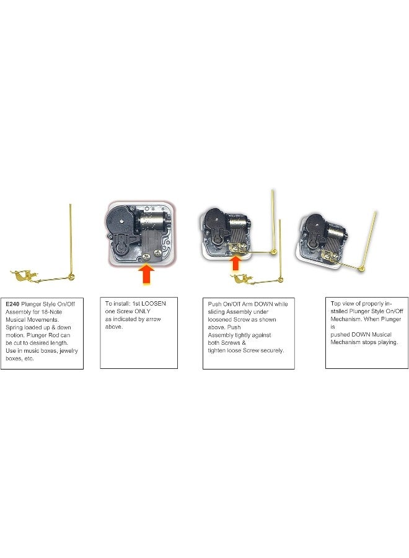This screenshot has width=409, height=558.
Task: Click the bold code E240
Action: pos(12,304)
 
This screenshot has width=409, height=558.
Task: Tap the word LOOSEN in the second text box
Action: pos(149,304)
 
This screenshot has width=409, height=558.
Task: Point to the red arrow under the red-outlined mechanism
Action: pos(146,273)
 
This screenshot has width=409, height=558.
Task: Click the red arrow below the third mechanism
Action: pos(235,263)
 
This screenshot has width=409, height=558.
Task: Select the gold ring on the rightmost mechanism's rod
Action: pos(361,268)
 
